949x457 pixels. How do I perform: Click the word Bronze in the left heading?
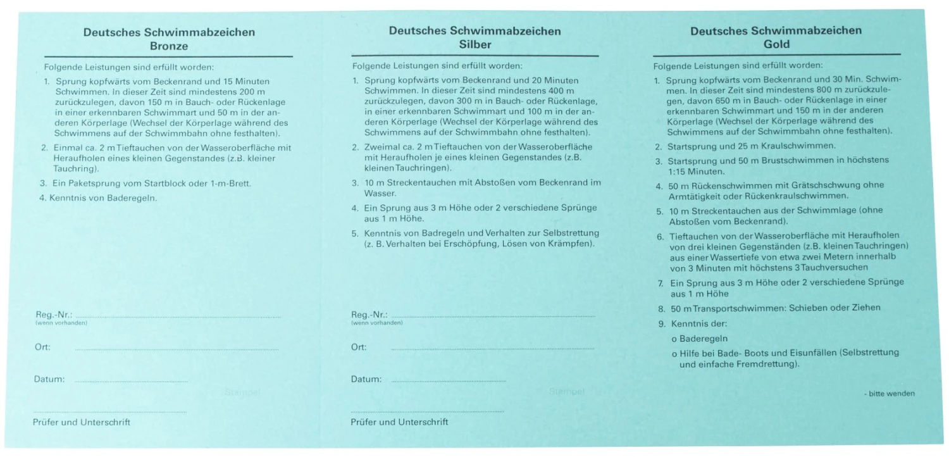coord(169,46)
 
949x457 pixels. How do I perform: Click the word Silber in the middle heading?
coord(475,44)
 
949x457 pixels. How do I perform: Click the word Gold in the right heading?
coord(776,44)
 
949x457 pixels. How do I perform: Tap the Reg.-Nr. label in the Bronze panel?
coord(54,315)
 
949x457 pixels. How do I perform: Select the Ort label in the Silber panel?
coord(359,347)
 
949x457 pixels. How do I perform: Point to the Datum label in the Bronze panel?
coord(49,379)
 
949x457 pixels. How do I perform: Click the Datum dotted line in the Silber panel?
coord(449,380)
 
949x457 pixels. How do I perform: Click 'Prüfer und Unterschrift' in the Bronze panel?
coord(82,422)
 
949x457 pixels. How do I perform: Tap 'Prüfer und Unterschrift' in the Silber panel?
coord(399,422)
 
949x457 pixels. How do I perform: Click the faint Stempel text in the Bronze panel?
coord(242,392)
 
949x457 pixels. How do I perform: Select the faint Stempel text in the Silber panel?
coord(567,392)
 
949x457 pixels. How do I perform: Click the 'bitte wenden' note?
coord(891,394)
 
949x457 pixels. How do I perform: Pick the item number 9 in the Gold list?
coord(661,323)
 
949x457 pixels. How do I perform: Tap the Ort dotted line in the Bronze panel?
coord(177,349)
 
